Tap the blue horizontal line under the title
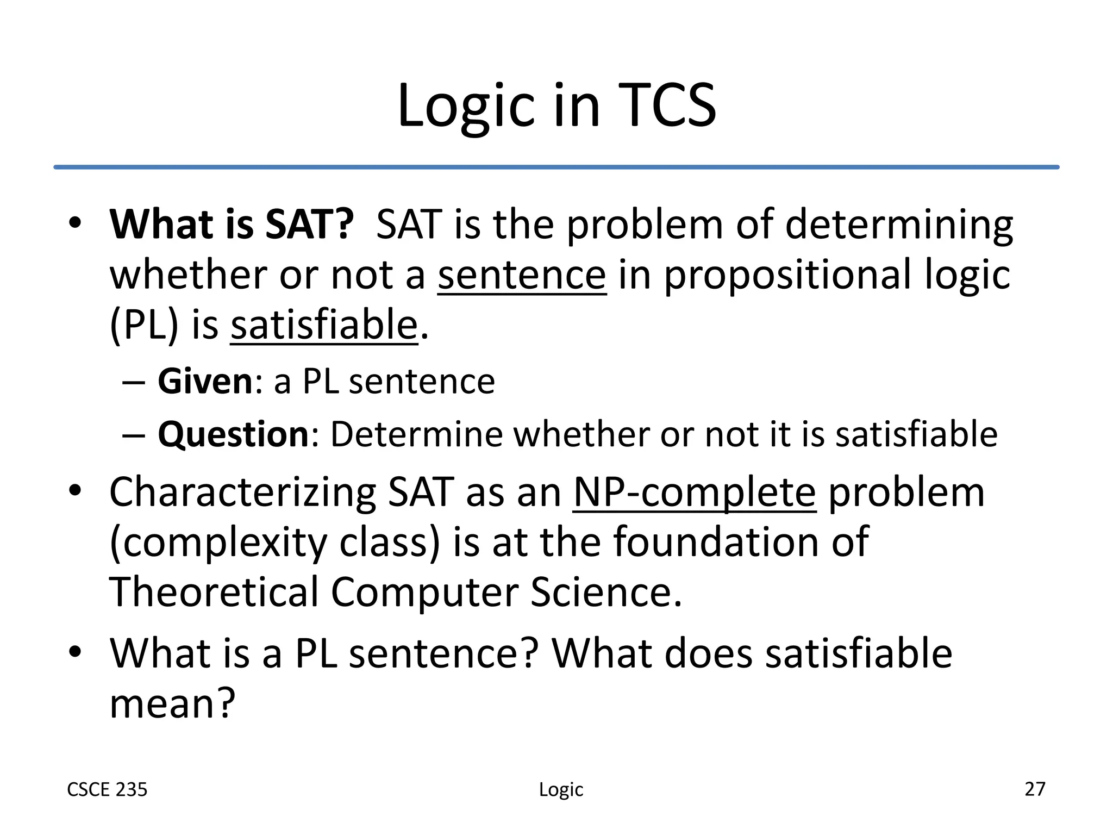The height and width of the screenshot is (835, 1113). tap(556, 167)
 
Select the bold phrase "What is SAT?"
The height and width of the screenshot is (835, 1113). tap(232, 224)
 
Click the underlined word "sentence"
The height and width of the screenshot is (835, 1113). tap(522, 275)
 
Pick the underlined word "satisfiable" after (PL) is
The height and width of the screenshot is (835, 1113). tap(324, 325)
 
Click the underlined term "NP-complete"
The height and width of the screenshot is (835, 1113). tap(695, 493)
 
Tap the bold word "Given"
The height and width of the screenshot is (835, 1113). tap(205, 381)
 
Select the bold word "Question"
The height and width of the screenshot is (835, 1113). tap(234, 434)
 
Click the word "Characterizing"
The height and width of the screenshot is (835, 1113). tap(242, 493)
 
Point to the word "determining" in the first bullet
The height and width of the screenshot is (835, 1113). tap(899, 224)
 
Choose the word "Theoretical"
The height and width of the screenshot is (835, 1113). tap(214, 592)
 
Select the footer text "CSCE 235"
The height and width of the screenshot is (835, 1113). tap(107, 789)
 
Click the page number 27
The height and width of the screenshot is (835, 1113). tap(1035, 789)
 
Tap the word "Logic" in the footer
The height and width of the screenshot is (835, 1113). tap(561, 790)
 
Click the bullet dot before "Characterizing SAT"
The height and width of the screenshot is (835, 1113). tap(75, 491)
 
